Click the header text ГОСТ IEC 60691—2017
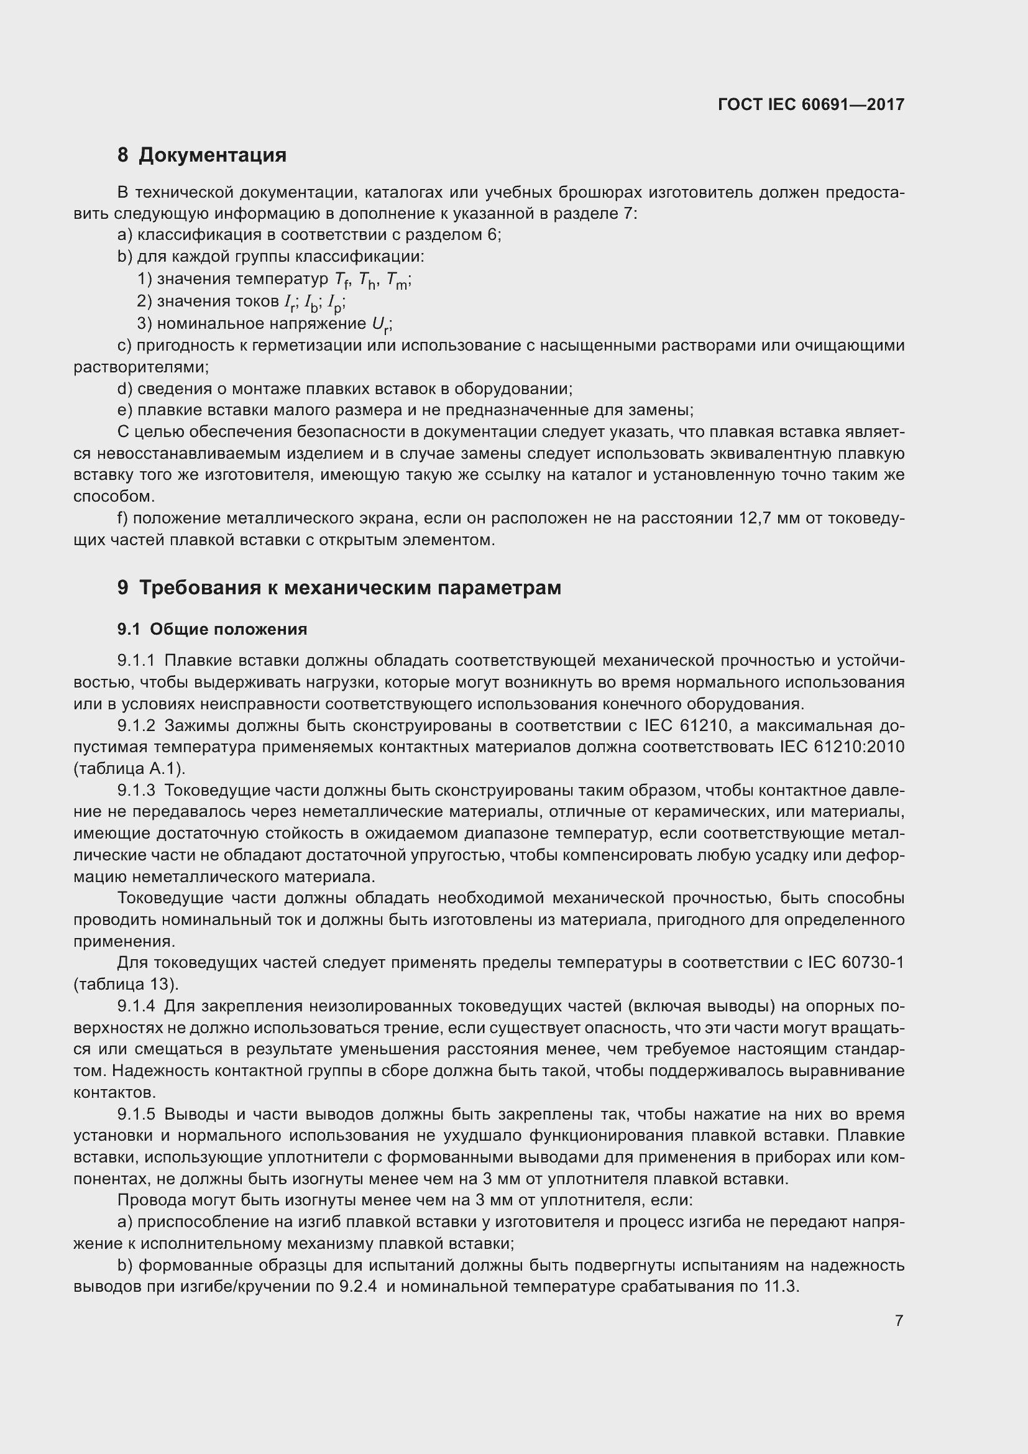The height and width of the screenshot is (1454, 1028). click(x=811, y=104)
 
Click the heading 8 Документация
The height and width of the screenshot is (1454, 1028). click(x=202, y=155)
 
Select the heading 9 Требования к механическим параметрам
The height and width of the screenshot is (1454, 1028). click(x=339, y=587)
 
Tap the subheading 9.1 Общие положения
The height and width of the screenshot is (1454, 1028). click(x=212, y=630)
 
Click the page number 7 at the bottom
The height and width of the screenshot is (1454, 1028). click(x=899, y=1320)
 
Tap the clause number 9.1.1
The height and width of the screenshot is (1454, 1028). click(x=136, y=661)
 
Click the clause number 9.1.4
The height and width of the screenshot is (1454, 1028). click(x=136, y=1006)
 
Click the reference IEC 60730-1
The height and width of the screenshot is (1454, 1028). click(x=856, y=963)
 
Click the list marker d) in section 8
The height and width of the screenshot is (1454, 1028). click(x=125, y=389)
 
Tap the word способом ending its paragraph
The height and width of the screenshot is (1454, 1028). click(x=114, y=497)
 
